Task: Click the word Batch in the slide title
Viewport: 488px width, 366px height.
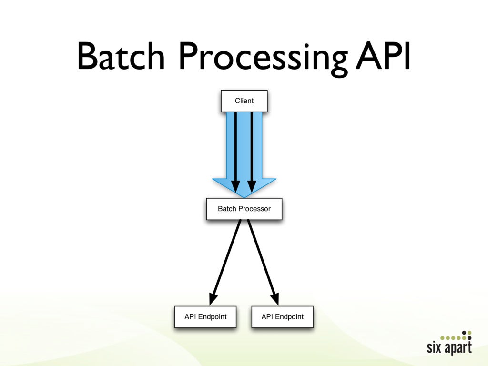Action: (121, 57)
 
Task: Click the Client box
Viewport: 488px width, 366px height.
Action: (244, 101)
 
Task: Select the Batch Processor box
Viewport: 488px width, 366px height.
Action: (244, 209)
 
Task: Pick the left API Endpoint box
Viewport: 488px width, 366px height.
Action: (205, 317)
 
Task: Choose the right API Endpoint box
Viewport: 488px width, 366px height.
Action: (282, 317)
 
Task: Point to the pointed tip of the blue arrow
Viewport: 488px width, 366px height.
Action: (244, 196)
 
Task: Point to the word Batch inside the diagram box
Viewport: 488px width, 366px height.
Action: (227, 209)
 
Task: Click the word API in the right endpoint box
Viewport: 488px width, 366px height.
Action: (268, 316)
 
